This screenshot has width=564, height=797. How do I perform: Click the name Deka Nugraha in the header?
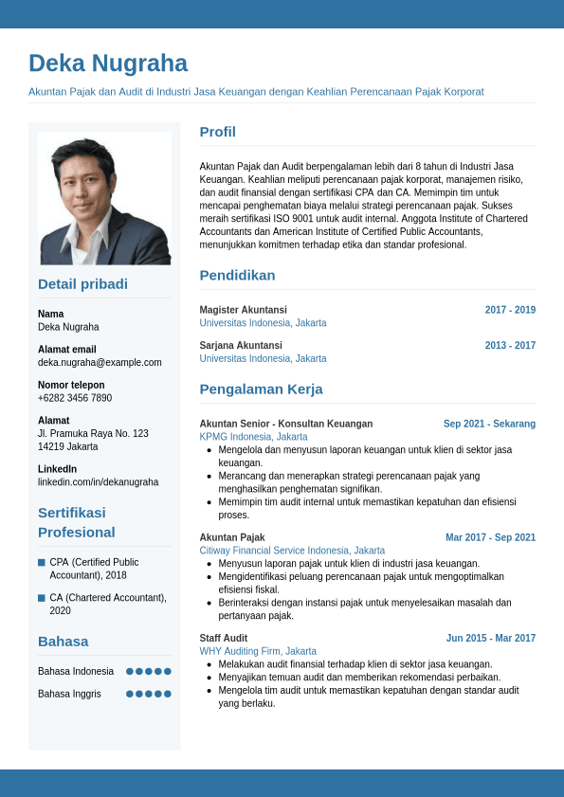point(108,63)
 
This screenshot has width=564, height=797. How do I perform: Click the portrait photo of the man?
point(104,198)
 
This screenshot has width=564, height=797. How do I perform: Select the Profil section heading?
point(217,132)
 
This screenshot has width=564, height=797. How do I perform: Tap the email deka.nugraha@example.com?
point(100,362)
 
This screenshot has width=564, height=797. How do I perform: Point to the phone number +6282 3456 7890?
point(75,398)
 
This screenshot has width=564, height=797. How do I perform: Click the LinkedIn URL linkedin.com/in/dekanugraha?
point(98,482)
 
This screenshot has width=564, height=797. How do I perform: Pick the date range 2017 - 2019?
point(510,310)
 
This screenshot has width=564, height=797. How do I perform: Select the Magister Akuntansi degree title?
point(243,310)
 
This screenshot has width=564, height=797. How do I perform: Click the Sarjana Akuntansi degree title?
point(241,346)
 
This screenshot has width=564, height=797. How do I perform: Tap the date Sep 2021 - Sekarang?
point(489,424)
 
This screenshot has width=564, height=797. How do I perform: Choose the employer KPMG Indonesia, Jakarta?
point(253,437)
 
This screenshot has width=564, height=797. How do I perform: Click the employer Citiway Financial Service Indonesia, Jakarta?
point(292,551)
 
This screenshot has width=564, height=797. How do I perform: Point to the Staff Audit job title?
point(223,639)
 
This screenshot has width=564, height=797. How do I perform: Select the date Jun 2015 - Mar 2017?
point(490,639)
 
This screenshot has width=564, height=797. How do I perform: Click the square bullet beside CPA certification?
point(42,562)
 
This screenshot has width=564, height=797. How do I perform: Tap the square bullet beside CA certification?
point(42,598)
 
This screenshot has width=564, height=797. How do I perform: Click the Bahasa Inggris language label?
point(69,694)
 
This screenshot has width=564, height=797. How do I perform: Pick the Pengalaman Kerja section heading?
point(261,389)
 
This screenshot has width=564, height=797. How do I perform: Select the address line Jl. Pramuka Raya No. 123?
point(93,433)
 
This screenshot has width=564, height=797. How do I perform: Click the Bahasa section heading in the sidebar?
point(63,642)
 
